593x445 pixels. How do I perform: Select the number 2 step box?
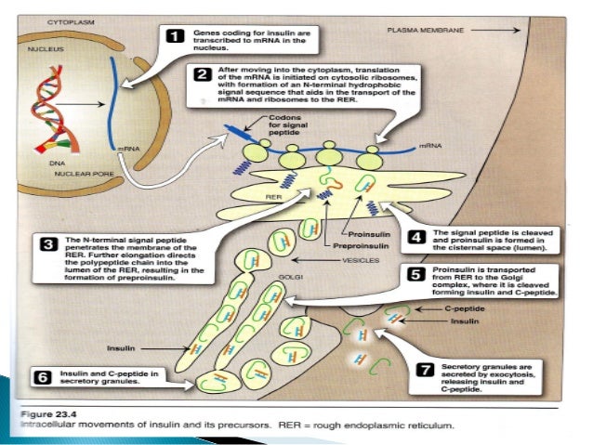(202, 73)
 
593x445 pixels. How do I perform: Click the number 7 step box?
(425, 370)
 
